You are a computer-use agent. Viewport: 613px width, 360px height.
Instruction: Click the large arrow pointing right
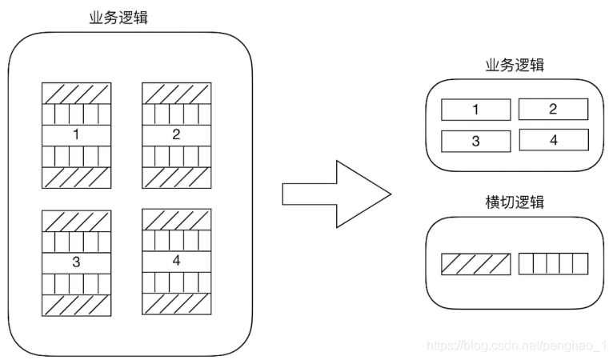click(x=336, y=194)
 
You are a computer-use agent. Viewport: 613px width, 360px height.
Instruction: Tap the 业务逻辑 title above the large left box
click(x=118, y=18)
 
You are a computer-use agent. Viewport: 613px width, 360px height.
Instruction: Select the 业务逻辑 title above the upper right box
click(x=515, y=65)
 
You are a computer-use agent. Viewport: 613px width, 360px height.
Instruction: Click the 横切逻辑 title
click(x=515, y=202)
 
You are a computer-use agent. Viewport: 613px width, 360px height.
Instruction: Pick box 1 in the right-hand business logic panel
click(x=476, y=110)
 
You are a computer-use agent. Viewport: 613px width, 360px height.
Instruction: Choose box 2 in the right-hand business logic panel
click(x=553, y=109)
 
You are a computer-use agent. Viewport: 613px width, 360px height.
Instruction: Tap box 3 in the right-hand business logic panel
click(x=476, y=141)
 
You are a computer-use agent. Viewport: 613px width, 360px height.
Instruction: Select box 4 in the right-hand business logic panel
click(x=554, y=140)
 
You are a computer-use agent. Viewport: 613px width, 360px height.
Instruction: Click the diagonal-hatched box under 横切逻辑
click(x=476, y=264)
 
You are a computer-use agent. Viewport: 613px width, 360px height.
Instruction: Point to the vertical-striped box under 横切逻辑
click(x=553, y=263)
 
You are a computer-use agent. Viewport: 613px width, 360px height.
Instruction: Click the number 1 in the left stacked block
click(x=76, y=134)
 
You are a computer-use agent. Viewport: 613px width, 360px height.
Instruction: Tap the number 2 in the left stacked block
click(x=176, y=134)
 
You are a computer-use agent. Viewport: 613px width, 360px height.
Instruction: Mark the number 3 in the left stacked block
click(x=76, y=262)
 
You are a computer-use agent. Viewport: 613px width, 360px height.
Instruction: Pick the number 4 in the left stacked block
click(x=176, y=260)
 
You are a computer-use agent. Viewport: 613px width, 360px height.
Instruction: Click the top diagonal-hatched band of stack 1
click(x=76, y=94)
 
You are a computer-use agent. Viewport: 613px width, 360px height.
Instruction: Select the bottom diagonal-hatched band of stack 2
click(x=176, y=178)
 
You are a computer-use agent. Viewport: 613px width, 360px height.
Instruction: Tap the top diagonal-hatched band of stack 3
click(x=76, y=221)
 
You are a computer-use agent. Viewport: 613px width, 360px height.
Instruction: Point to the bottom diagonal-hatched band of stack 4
click(x=176, y=304)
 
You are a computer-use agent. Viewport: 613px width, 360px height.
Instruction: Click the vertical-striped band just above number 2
click(x=176, y=114)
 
